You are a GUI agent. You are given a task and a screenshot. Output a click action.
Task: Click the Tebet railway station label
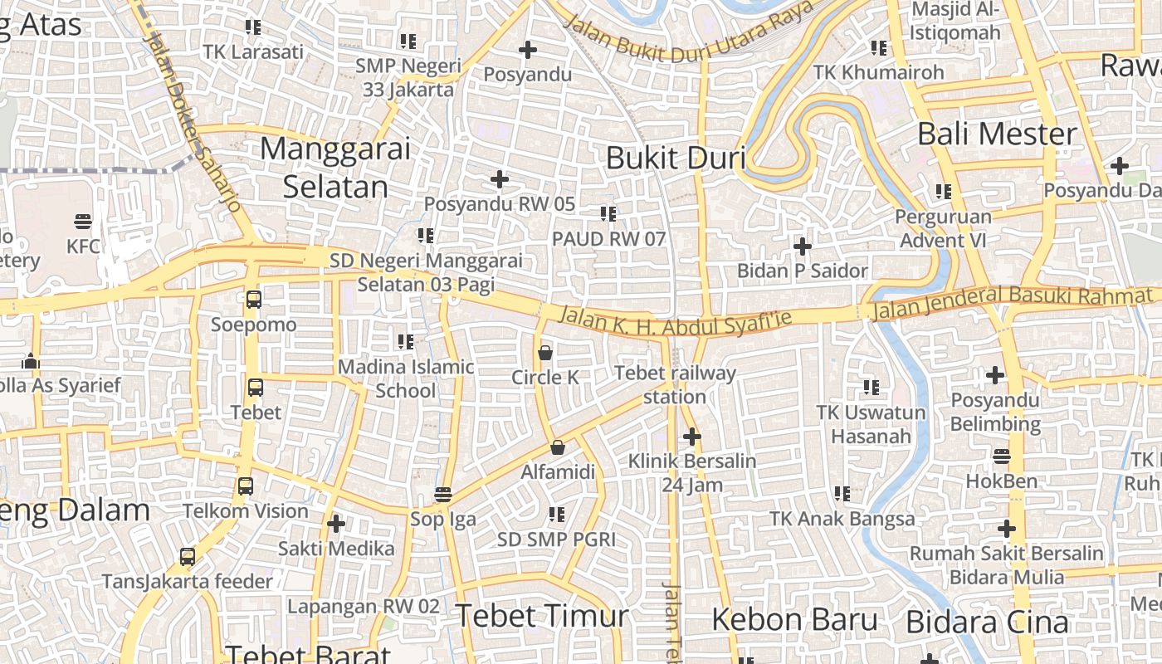coord(675,384)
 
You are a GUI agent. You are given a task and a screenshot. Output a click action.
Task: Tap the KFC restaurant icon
coord(83,222)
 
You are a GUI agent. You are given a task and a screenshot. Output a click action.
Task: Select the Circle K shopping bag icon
coord(545,353)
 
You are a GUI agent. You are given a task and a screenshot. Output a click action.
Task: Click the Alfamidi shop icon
coord(558,448)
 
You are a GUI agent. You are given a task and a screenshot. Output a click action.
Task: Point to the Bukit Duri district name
coord(676,158)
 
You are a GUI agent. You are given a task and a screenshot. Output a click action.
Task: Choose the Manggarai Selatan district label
coord(335,168)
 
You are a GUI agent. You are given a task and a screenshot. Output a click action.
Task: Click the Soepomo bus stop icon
coord(254,300)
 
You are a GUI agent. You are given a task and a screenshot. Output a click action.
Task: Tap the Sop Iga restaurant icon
coord(443,495)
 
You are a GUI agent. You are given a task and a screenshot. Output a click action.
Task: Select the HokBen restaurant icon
coord(1002,456)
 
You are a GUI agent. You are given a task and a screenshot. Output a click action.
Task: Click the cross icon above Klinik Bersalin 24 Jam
coord(692,436)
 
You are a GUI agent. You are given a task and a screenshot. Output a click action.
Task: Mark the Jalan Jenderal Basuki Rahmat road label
coord(1012,302)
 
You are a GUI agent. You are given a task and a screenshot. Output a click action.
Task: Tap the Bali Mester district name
coord(997,134)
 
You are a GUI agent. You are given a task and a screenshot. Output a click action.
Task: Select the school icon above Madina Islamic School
coord(406,341)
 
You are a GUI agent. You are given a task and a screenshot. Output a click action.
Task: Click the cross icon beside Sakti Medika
coord(336,524)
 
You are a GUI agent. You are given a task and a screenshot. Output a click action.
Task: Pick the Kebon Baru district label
coord(794,619)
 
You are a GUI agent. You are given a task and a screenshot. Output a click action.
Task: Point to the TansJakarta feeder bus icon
coord(188,557)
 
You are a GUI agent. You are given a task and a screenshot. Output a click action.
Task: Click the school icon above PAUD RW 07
coord(608,214)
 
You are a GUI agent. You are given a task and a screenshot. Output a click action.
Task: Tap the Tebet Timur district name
coord(541,616)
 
